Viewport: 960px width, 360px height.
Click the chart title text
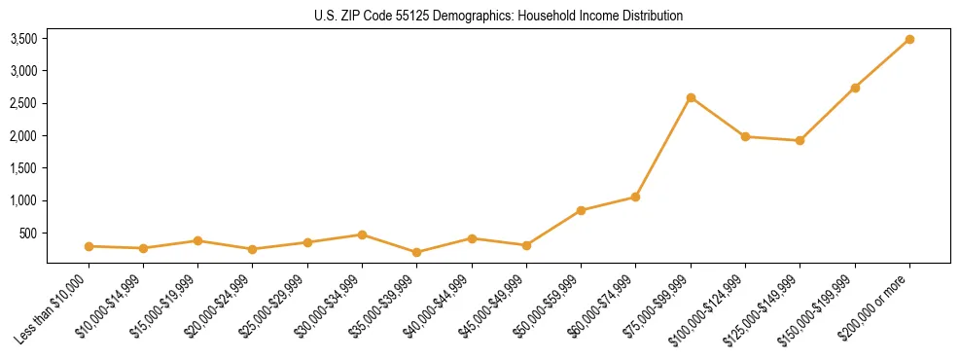498,17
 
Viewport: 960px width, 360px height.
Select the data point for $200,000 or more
909,39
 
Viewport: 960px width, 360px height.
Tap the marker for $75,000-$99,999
691,97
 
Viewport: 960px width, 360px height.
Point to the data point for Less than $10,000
89,246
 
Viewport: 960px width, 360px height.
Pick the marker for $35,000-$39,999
416,252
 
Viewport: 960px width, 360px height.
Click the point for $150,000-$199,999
855,88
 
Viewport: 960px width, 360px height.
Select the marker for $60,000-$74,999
635,197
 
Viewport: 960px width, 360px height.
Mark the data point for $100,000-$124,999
745,136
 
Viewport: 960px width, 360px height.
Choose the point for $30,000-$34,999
362,234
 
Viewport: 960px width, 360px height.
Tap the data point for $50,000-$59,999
581,210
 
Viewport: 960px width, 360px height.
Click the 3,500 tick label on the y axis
23,39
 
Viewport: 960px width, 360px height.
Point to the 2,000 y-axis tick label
23,136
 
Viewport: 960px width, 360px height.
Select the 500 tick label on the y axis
29,234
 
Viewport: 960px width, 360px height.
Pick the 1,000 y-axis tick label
23,200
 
